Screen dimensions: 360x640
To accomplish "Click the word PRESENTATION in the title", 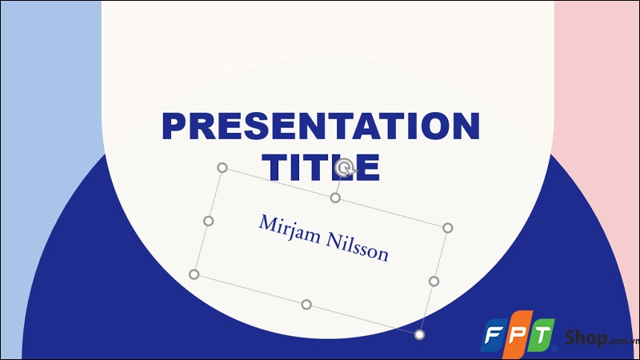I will (x=321, y=127).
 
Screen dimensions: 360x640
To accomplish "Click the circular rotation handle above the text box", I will (x=345, y=167).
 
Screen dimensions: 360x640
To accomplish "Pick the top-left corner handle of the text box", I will (x=222, y=168).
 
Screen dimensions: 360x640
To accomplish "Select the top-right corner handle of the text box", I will (x=448, y=228).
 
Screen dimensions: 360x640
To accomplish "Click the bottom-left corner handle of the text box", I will (x=194, y=274).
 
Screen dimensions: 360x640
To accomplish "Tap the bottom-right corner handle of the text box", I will (x=419, y=334).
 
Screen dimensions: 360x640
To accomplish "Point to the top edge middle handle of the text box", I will (x=335, y=198).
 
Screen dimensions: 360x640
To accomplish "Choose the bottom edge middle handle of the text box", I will (x=306, y=304).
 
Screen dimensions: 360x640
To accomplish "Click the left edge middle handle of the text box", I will (x=208, y=221).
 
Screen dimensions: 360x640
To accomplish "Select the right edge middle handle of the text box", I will (x=434, y=281).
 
